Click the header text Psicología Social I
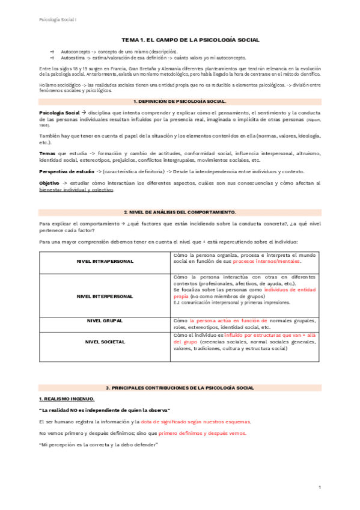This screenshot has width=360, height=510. [x=53, y=19]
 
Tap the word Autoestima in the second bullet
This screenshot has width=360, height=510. [x=73, y=58]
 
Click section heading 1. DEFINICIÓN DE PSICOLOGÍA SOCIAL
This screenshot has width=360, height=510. [x=179, y=102]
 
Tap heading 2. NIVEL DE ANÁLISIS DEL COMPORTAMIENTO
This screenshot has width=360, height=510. [x=179, y=212]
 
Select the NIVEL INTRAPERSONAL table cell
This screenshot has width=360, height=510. [x=105, y=262]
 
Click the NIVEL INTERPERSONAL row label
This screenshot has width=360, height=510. [x=105, y=296]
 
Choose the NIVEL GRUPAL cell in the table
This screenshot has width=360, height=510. [x=105, y=322]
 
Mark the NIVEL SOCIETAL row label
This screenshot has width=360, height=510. [x=105, y=342]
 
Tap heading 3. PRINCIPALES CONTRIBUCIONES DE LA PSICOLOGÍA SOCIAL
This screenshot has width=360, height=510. [x=179, y=389]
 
